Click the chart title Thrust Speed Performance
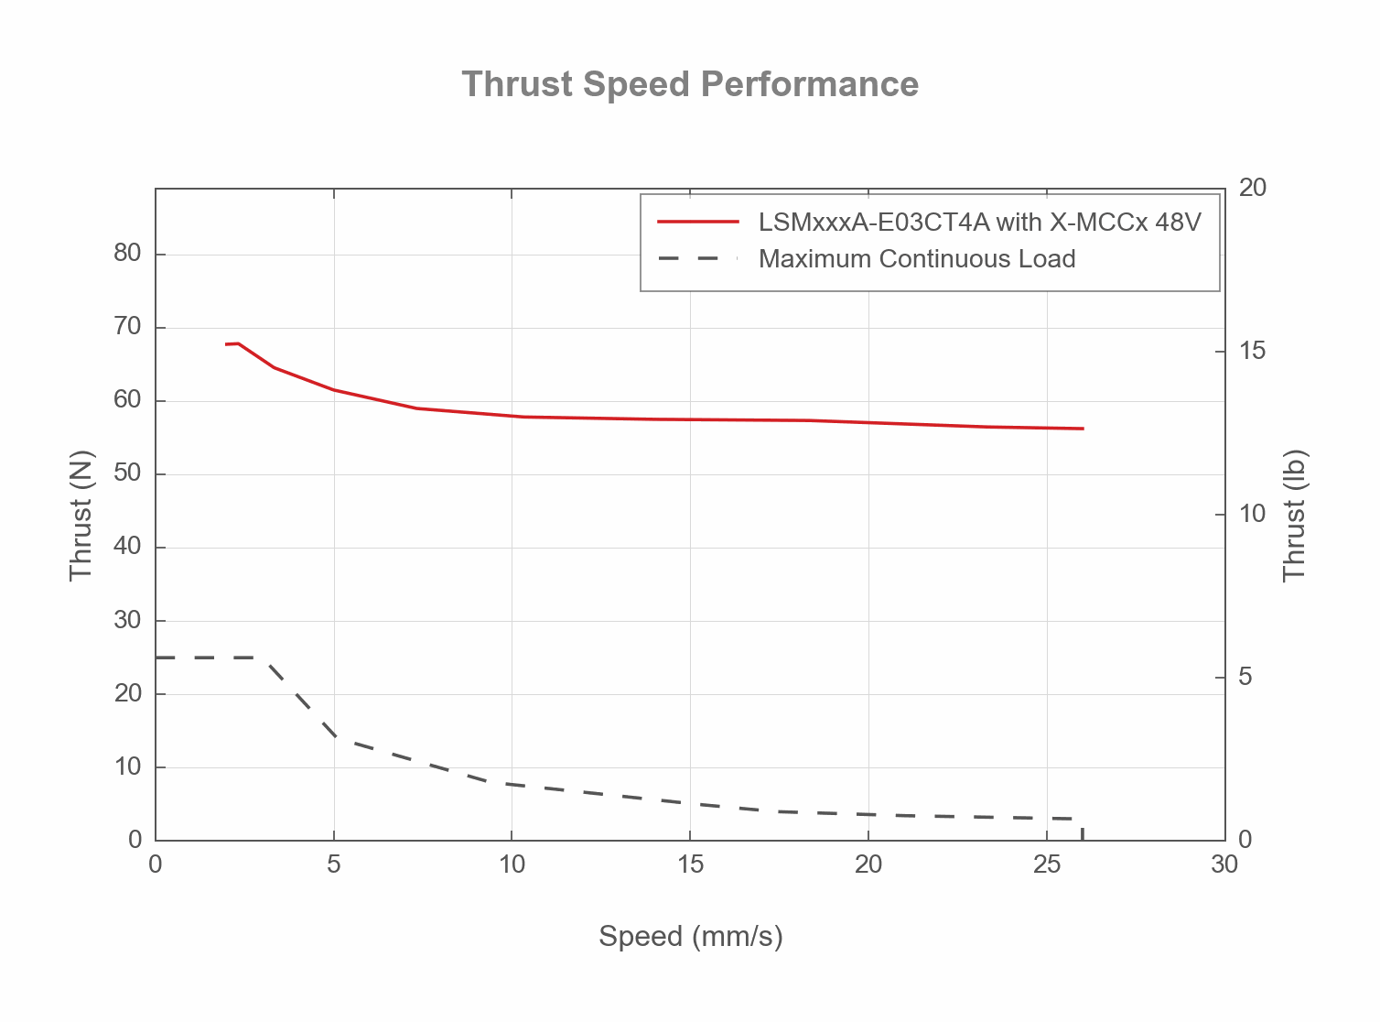[690, 84]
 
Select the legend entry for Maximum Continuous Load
[916, 259]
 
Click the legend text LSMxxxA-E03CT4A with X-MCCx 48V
[979, 222]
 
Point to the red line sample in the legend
[697, 222]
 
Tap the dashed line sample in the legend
[697, 259]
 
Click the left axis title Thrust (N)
[81, 515]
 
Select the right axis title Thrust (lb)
[1294, 515]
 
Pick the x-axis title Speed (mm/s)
[690, 936]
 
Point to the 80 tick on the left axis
[127, 254]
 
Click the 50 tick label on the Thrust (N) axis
[127, 473]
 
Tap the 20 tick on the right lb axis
[1252, 189]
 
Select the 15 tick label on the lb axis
[1252, 352]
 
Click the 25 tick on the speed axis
[1046, 864]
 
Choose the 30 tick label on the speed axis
[1224, 864]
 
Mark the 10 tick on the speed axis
[512, 864]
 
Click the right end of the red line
[1083, 429]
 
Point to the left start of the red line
[226, 344]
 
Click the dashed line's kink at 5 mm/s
[334, 735]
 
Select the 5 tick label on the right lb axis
[1245, 678]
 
